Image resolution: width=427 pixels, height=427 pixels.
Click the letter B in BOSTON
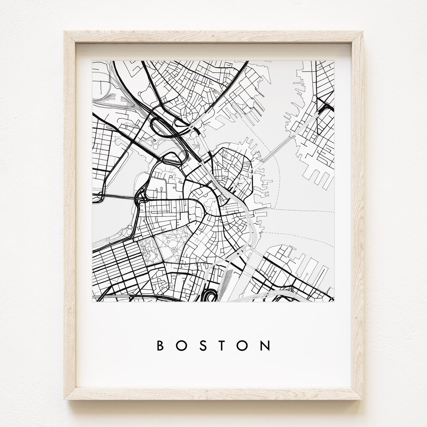[161, 346]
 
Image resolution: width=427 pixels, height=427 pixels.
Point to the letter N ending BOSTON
[266, 346]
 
